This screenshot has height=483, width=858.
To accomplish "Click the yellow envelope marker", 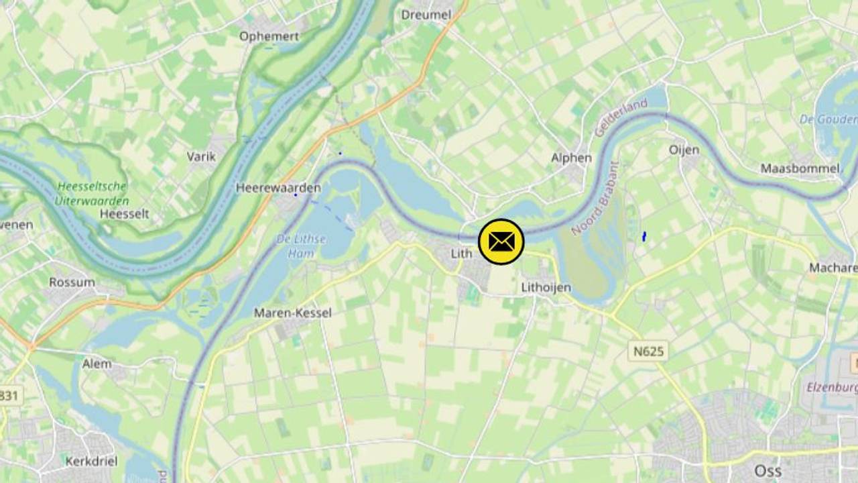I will click(501, 241).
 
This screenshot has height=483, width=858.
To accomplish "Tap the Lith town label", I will click(461, 254).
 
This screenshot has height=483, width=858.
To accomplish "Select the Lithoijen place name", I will click(546, 288).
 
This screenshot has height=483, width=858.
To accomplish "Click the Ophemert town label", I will click(269, 36).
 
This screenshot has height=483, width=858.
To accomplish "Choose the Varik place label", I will click(201, 156).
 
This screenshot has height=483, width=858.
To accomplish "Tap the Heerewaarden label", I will click(278, 188).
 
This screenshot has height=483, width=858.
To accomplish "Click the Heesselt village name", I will click(124, 214).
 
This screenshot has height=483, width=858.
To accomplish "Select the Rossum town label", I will click(72, 282).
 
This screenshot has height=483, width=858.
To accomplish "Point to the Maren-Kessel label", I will click(292, 313).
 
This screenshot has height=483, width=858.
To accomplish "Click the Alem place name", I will click(97, 364).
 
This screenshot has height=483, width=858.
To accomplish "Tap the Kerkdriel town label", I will click(91, 461).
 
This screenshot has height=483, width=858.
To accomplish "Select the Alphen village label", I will click(571, 158).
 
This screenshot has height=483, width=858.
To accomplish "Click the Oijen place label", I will click(684, 150).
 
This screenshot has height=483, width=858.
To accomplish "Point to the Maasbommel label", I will click(800, 168).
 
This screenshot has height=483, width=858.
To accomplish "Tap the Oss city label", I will click(768, 470).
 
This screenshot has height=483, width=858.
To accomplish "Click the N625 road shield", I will click(648, 350).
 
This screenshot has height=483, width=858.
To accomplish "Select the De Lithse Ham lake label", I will click(301, 246).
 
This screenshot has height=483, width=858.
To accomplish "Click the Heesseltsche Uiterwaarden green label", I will click(93, 193).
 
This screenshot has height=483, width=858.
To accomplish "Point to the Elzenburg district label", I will click(833, 387).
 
